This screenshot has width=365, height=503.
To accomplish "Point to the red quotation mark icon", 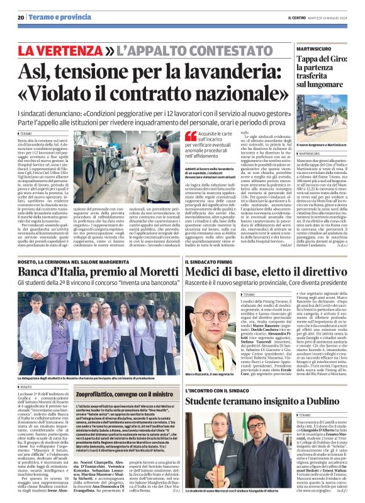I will [x=191, y=136].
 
